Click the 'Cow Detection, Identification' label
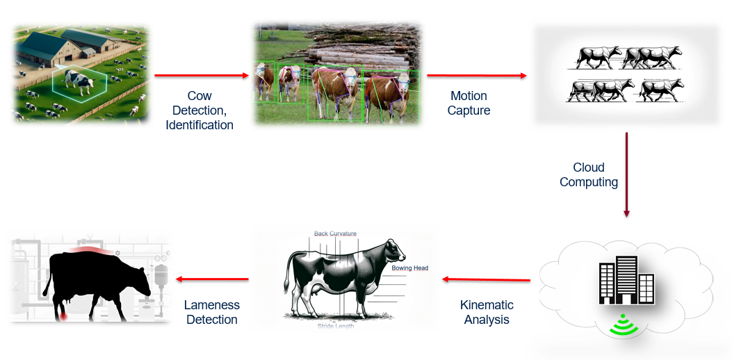[x=200, y=111]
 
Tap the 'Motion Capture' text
[x=469, y=103]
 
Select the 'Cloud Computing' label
[x=589, y=174]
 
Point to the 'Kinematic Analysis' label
[x=487, y=312]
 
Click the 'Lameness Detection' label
[x=211, y=312]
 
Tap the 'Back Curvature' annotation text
[x=335, y=234]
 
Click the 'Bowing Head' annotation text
[x=409, y=268]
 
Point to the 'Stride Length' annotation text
[x=336, y=325]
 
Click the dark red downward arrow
[x=627, y=174]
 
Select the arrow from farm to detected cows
[x=201, y=75]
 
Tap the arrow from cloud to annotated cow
[x=487, y=279]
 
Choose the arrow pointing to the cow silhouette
[x=212, y=279]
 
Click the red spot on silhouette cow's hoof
[x=63, y=316]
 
